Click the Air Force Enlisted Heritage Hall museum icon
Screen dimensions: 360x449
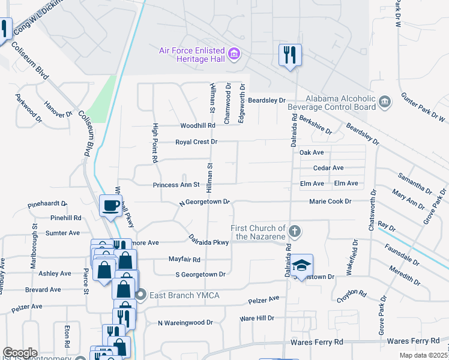[235, 55]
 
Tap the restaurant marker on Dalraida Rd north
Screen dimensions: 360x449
[290, 55]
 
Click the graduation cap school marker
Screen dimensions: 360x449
[303, 264]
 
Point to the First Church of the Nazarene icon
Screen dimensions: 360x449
[294, 231]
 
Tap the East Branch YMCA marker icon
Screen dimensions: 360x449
[141, 294]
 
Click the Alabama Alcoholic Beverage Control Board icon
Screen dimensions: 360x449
[385, 103]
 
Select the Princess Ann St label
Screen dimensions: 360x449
[176, 185]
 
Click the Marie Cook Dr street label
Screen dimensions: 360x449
[330, 202]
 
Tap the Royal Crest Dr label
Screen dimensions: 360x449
[196, 142]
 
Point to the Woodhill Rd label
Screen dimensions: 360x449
[197, 126]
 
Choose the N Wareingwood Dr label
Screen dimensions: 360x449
[185, 323]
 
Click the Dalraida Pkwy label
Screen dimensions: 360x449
[208, 241]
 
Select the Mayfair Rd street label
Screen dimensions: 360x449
[184, 260]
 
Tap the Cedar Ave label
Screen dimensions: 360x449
[328, 168]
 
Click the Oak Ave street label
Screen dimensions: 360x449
[312, 152]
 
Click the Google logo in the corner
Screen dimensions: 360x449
[20, 353]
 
